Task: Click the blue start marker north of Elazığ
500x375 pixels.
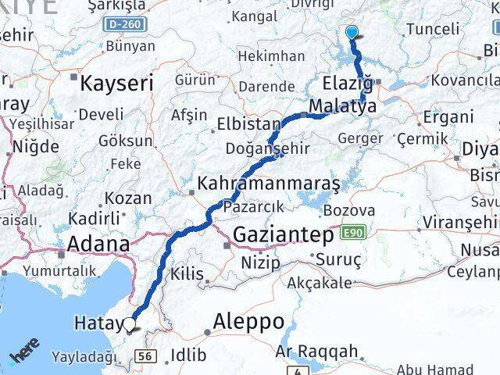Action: click(352, 32)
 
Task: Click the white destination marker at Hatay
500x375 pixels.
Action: click(129, 323)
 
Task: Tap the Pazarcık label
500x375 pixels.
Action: click(248, 208)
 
